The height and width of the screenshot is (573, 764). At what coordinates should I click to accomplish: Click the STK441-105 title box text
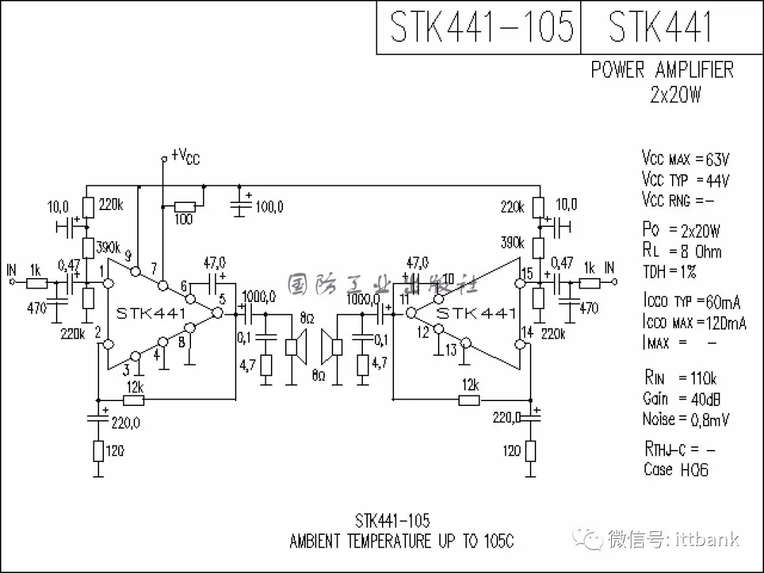(481, 27)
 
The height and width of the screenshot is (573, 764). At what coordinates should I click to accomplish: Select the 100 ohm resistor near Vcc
(185, 207)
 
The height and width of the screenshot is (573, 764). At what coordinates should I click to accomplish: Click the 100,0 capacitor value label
(270, 207)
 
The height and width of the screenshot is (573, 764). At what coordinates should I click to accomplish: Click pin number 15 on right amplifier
(526, 273)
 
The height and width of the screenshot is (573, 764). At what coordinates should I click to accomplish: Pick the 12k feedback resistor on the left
(134, 400)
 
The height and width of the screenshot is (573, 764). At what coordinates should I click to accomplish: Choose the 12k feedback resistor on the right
(468, 400)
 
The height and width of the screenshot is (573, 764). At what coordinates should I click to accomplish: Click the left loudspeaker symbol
(296, 347)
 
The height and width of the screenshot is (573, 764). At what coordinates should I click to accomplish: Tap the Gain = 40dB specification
(682, 399)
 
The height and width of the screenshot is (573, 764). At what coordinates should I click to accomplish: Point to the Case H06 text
(676, 469)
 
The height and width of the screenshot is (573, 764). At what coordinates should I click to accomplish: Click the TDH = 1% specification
(669, 272)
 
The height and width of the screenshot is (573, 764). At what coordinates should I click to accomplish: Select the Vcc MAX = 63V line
(685, 158)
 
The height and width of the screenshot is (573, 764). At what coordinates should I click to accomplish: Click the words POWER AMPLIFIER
(662, 70)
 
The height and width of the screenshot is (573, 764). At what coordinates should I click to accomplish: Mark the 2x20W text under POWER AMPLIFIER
(676, 95)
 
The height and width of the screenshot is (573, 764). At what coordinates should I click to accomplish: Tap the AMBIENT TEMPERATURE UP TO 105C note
(401, 541)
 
